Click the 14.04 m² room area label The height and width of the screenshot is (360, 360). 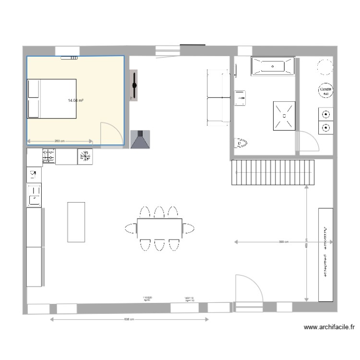click(76, 101)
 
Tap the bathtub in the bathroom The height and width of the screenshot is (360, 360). click(272, 66)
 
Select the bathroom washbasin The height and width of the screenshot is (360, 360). click(240, 98)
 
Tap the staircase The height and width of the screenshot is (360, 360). click(273, 173)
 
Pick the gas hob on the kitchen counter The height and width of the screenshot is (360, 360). click(48, 156)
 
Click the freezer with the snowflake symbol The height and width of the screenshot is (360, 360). click(85, 156)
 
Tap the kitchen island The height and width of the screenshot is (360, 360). click(76, 222)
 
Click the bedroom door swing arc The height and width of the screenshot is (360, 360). click(109, 132)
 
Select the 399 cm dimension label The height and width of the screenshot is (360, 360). click(284, 242)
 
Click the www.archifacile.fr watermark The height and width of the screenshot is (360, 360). click(329, 328)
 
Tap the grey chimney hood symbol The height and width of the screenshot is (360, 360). click(140, 139)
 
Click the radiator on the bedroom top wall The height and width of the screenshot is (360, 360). click(69, 58)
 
